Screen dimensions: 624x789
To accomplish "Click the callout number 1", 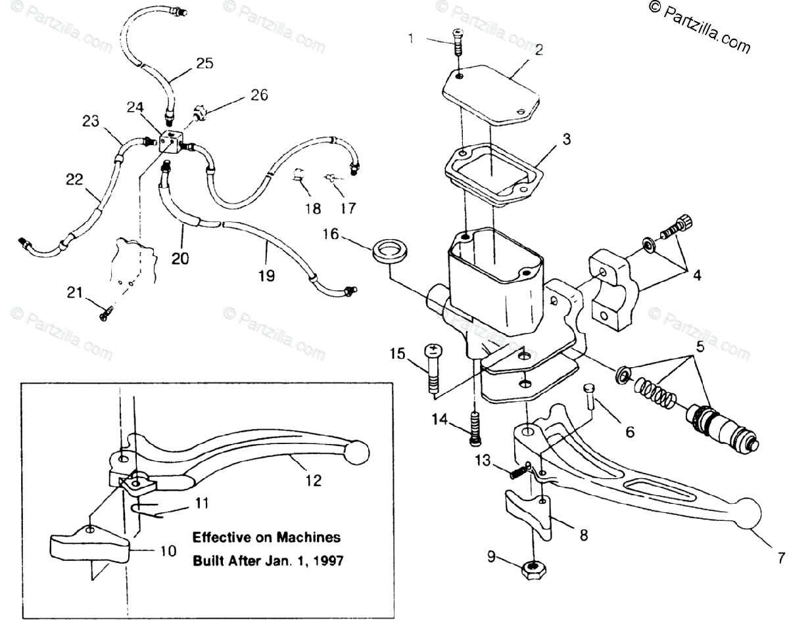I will coord(411,38).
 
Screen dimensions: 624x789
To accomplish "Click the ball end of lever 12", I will coord(357,452).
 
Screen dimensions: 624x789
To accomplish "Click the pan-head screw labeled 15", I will coord(435,368).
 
